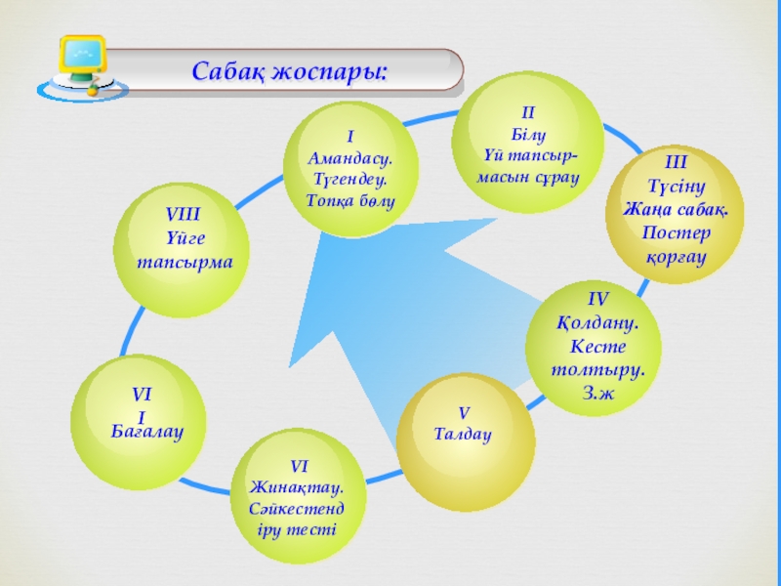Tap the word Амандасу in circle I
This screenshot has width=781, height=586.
349,157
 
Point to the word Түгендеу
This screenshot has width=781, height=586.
349,179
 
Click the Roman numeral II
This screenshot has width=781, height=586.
527,114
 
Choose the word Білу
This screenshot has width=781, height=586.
527,135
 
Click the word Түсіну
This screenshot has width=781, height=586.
676,186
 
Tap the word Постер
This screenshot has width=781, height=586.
676,233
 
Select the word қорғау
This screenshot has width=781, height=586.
676,257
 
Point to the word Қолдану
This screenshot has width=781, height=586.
598,322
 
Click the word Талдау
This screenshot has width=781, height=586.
463,433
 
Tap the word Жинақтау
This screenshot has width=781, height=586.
296,486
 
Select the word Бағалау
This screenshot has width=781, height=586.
147,430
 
